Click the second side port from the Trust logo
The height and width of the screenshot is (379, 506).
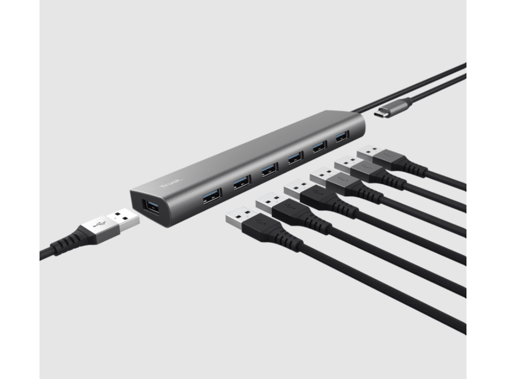(242, 183)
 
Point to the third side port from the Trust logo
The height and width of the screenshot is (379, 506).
(270, 169)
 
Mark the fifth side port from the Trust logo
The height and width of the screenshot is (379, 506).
(319, 146)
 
